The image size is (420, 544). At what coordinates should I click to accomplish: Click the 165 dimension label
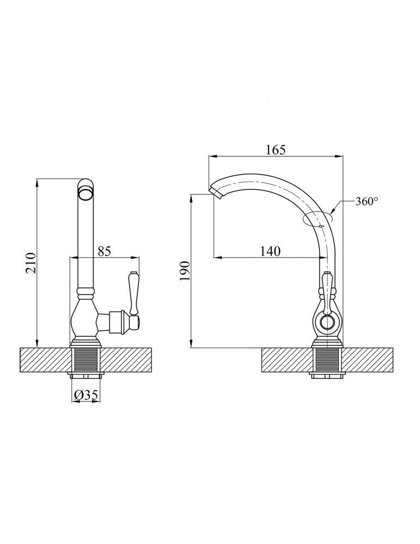(x=276, y=150)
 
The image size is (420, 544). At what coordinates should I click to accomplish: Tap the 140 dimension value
(x=270, y=251)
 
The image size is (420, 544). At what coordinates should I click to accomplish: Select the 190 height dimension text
(x=185, y=270)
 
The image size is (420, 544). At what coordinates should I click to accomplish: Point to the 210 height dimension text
(x=31, y=263)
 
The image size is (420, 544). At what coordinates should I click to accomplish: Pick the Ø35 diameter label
(x=86, y=394)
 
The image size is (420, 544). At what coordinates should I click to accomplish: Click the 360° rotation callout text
(x=367, y=201)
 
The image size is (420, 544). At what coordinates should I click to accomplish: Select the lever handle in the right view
(x=326, y=290)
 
